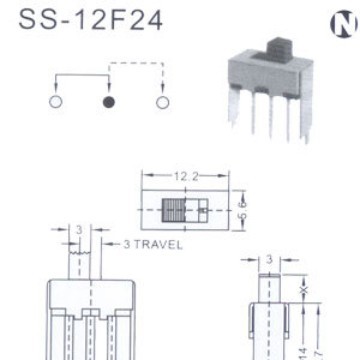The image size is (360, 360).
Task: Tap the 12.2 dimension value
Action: pyautogui.click(x=188, y=176)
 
